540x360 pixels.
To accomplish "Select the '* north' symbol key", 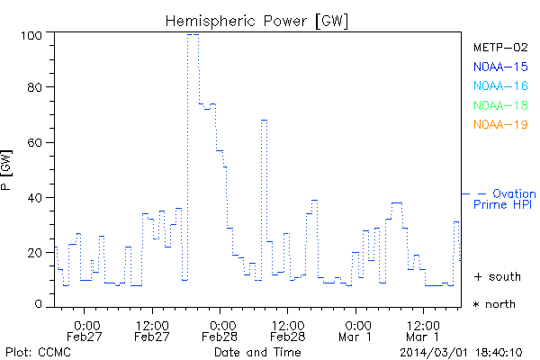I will coord(496,304).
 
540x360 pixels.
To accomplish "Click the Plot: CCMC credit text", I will coord(38,351).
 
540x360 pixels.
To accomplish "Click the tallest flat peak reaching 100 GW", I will coord(193,34).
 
